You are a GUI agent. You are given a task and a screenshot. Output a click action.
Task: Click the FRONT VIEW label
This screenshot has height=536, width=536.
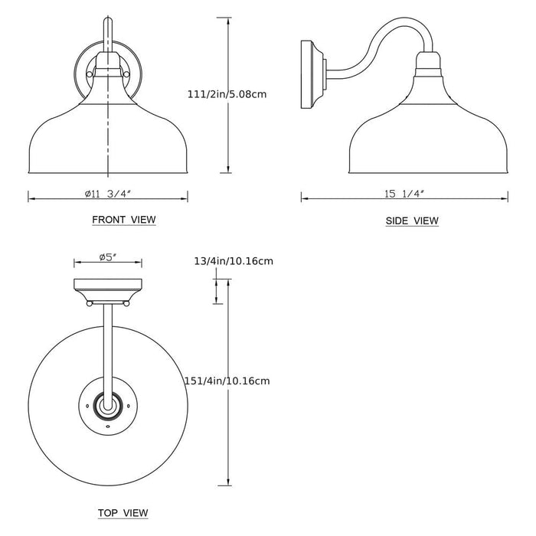(x=123, y=220)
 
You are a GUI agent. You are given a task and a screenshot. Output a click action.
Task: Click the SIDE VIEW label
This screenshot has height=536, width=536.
(x=412, y=221)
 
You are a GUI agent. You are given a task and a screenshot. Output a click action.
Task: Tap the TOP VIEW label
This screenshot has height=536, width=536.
(x=123, y=512)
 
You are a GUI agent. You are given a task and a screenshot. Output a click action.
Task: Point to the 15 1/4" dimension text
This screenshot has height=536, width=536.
(x=404, y=194)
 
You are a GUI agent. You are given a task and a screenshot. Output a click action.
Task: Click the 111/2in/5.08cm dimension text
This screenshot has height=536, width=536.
(x=226, y=95)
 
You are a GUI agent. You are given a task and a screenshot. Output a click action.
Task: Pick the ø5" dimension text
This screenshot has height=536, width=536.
(x=107, y=257)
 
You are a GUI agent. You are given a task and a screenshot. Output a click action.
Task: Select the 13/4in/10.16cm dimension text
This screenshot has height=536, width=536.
(x=234, y=261)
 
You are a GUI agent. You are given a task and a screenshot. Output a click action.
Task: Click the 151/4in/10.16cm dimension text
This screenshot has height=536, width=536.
(x=227, y=381)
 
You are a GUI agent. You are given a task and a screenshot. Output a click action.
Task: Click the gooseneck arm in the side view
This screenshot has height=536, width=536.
(x=375, y=42)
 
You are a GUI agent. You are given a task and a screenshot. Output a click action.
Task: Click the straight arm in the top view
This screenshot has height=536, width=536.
(x=107, y=345)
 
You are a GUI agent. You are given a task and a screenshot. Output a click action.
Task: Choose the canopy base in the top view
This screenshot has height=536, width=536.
(x=107, y=289)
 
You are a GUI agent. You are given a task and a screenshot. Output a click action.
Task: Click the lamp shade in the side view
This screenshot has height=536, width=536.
(x=425, y=138)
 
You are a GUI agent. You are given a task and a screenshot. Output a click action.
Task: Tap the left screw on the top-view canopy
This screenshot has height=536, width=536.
(x=90, y=304)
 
